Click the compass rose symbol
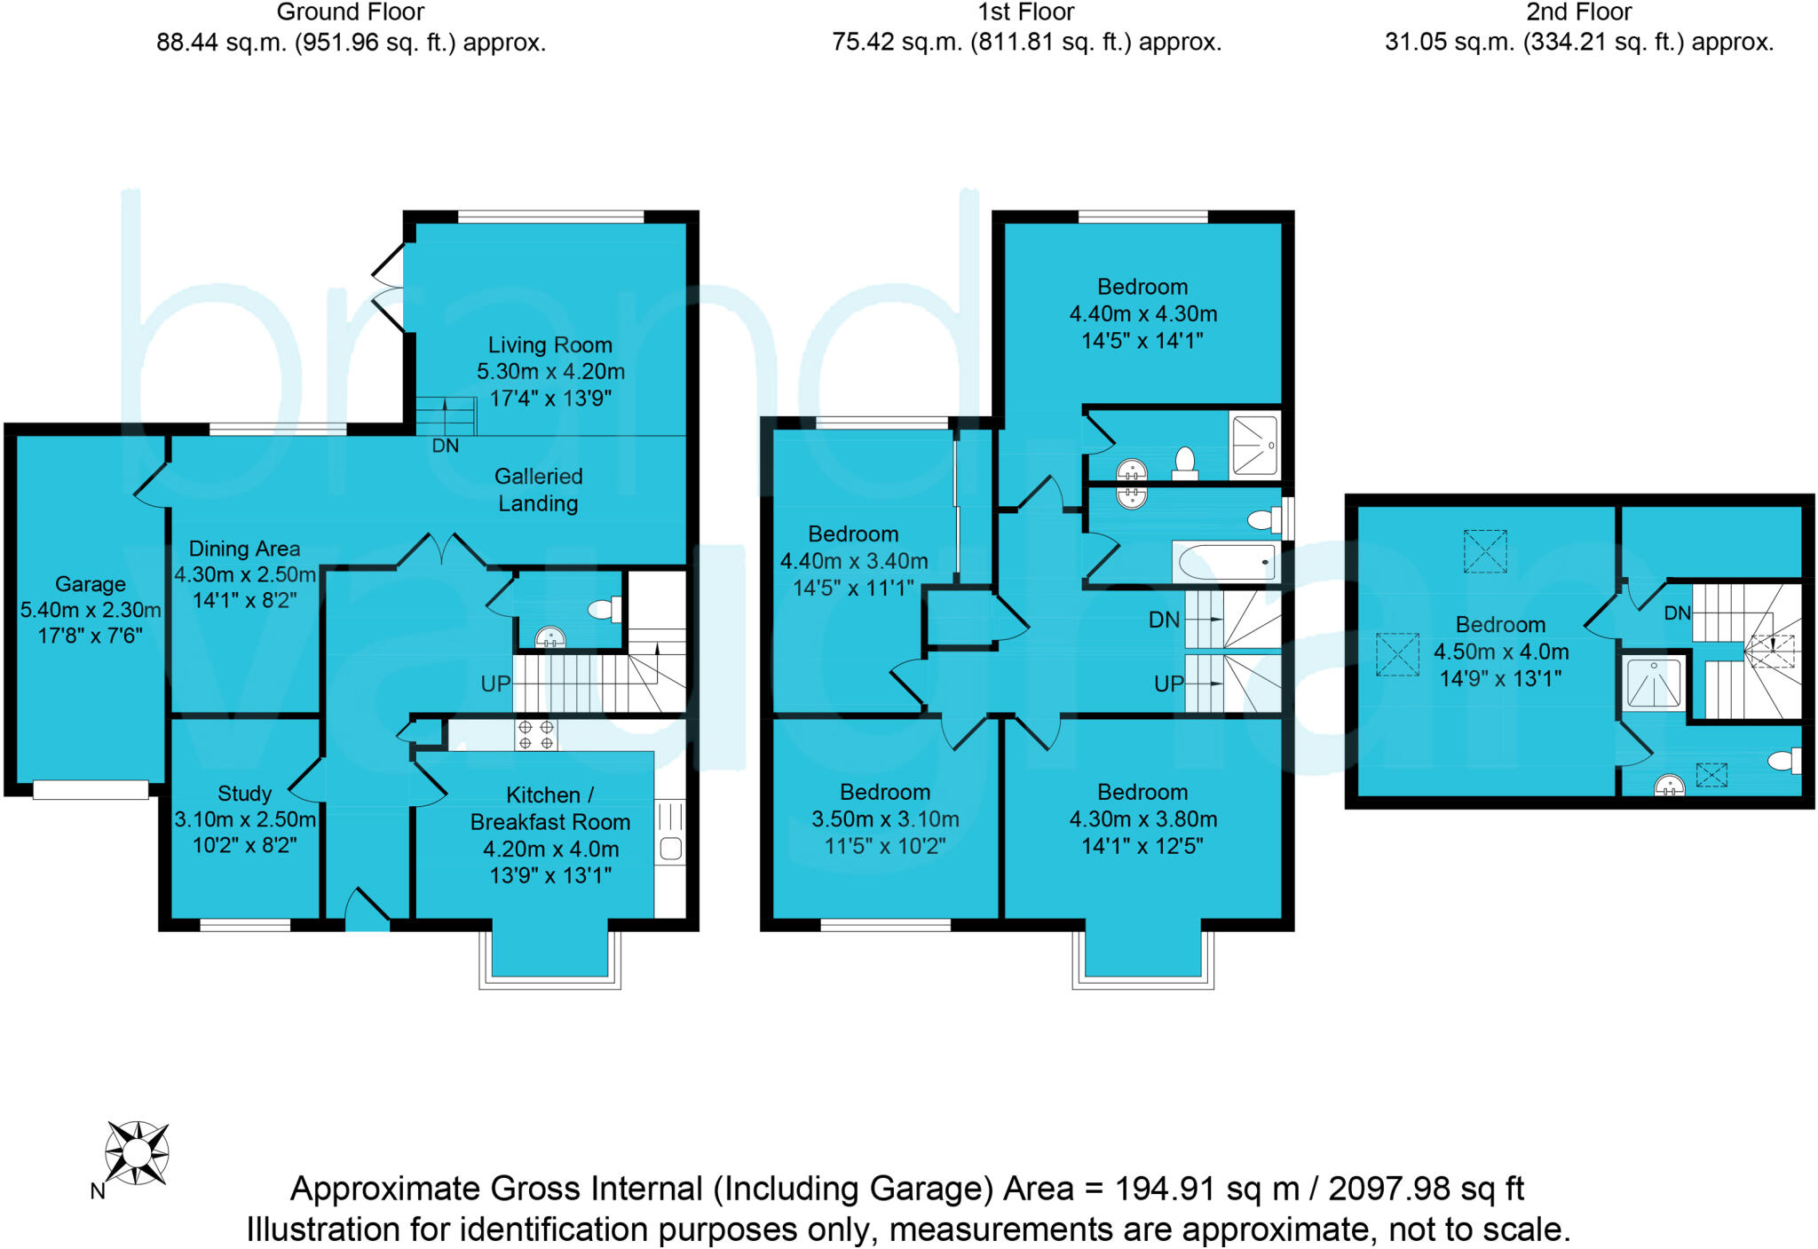click(x=137, y=1152)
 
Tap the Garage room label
click(x=91, y=584)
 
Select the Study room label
click(x=244, y=794)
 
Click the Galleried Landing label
click(x=538, y=489)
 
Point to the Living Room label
click(x=550, y=344)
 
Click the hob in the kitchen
click(x=536, y=734)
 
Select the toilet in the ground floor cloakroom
click(x=605, y=609)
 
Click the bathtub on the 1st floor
click(x=1226, y=562)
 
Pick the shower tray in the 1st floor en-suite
click(x=1254, y=445)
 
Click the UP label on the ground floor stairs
click(x=495, y=684)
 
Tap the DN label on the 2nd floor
click(x=1677, y=613)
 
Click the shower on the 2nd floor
click(x=1653, y=683)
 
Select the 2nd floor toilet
click(x=1784, y=761)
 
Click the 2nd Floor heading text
click(x=1578, y=12)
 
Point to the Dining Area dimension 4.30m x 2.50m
click(x=245, y=574)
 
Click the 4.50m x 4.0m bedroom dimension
click(x=1501, y=652)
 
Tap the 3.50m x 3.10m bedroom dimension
click(x=885, y=819)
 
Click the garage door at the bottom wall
click(x=91, y=789)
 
